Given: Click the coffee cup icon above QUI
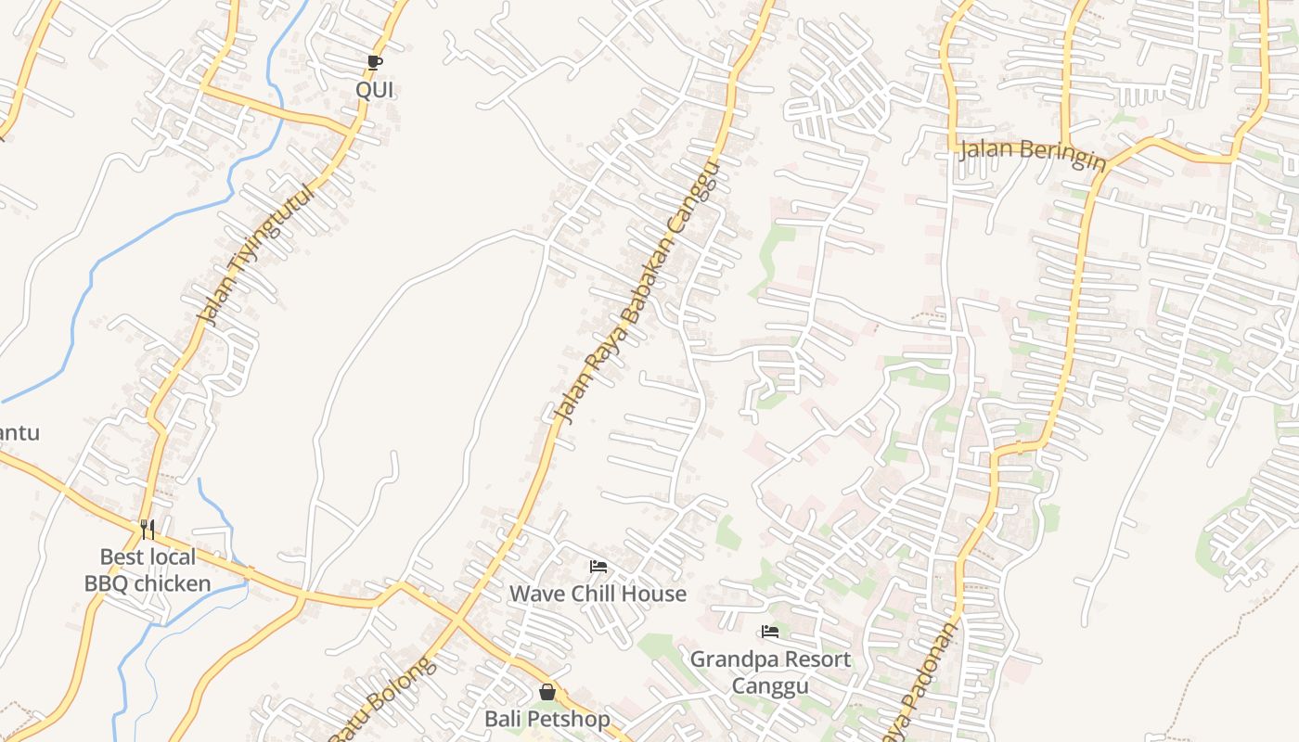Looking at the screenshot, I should [x=374, y=63].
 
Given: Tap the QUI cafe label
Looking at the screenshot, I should [x=374, y=90].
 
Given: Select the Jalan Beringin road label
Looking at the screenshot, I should [x=1032, y=154].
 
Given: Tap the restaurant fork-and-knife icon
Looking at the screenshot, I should [x=147, y=529].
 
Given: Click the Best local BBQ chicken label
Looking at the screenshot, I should [x=148, y=570].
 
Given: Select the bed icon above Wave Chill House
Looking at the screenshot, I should [x=598, y=566].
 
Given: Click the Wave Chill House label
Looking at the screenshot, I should [x=598, y=594].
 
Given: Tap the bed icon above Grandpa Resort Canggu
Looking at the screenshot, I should [x=769, y=632].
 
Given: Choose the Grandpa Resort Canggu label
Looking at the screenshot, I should [x=770, y=672].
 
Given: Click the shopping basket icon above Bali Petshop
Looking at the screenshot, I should [x=547, y=692].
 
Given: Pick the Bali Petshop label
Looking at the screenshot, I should [x=547, y=719].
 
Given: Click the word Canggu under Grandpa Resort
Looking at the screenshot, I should [x=770, y=686].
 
